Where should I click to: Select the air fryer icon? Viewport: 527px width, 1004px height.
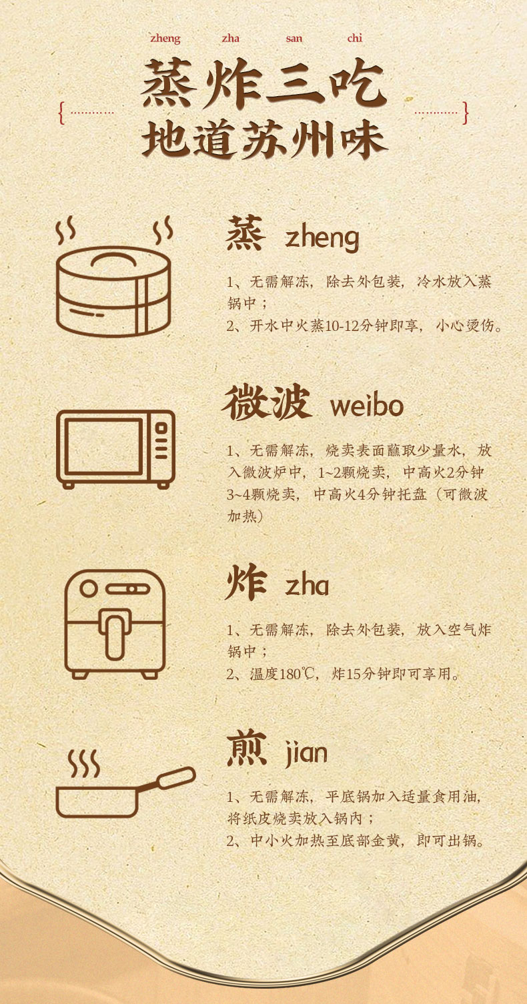pyautogui.click(x=115, y=624)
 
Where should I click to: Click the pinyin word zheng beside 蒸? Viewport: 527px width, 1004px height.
pyautogui.click(x=322, y=238)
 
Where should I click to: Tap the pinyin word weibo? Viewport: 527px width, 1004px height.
pyautogui.click(x=366, y=406)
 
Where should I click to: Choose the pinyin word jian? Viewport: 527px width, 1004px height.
pyautogui.click(x=306, y=753)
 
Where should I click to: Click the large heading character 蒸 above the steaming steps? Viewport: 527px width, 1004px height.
pyautogui.click(x=246, y=233)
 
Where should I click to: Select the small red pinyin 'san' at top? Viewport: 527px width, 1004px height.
pyautogui.click(x=294, y=39)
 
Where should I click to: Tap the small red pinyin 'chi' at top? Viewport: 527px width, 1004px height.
pyautogui.click(x=354, y=39)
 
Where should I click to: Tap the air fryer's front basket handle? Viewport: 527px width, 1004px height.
pyautogui.click(x=115, y=634)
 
